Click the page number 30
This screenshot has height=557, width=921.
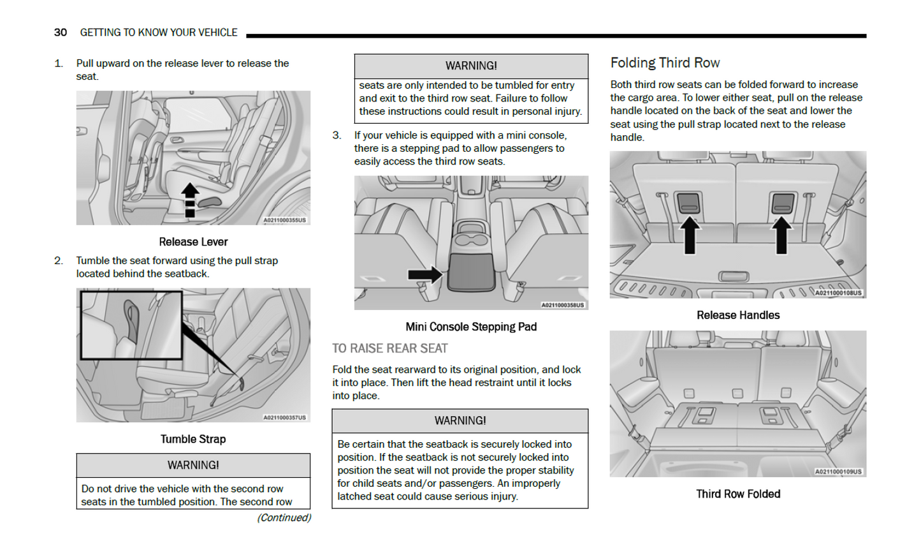tap(61, 33)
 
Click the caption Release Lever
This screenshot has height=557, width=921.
tap(193, 242)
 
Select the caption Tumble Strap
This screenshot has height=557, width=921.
tap(193, 439)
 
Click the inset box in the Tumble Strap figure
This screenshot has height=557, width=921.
tap(131, 324)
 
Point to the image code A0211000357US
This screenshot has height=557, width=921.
tap(285, 417)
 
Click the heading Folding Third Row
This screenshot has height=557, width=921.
tap(665, 63)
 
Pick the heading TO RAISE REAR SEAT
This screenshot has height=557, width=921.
tap(389, 348)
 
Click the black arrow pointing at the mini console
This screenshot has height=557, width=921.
tap(424, 274)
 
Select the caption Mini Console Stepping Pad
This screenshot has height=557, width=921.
tap(471, 327)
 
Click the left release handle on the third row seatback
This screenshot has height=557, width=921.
tap(688, 203)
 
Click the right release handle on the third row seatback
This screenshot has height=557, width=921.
tap(783, 203)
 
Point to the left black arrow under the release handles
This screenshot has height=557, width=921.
tap(689, 236)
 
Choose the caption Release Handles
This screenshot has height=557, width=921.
tap(738, 315)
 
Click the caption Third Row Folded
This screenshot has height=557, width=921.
tap(738, 494)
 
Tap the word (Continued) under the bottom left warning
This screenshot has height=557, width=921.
tap(284, 517)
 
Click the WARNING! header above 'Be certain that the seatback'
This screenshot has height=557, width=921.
tap(460, 421)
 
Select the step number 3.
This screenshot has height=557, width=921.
tap(337, 135)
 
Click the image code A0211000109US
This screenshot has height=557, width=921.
tap(838, 472)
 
